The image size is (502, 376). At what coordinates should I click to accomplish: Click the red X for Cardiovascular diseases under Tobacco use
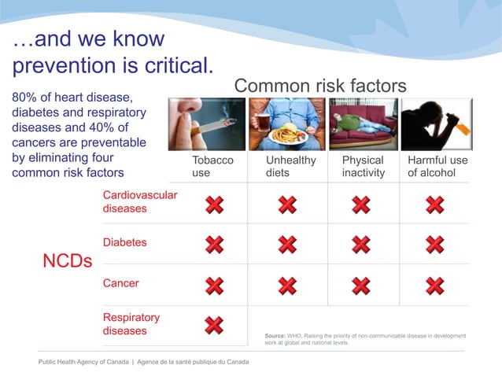(214, 205)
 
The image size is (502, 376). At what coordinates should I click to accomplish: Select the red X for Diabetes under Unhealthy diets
(287, 245)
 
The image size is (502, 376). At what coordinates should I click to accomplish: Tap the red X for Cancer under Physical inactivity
(360, 286)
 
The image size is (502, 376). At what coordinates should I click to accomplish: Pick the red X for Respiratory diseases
(214, 325)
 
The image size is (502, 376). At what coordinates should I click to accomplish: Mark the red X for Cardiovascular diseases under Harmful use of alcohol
(434, 205)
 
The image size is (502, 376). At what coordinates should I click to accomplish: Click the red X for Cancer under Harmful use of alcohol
(434, 286)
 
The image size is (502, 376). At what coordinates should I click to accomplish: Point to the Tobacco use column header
(212, 167)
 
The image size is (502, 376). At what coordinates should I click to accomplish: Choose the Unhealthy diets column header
(290, 167)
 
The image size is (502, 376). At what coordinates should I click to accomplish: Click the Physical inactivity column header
(363, 167)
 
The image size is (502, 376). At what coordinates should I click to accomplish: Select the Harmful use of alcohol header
(437, 167)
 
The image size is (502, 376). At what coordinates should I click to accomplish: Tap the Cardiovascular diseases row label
(139, 201)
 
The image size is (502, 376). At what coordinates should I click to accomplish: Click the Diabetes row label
(124, 242)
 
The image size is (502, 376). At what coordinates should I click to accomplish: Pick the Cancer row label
(120, 283)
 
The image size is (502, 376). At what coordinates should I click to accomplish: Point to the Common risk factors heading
(320, 86)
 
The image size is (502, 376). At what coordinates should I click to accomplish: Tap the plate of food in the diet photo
(287, 135)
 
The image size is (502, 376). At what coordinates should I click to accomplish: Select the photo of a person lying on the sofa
(362, 124)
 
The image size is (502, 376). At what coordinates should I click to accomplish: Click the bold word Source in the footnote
(275, 336)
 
